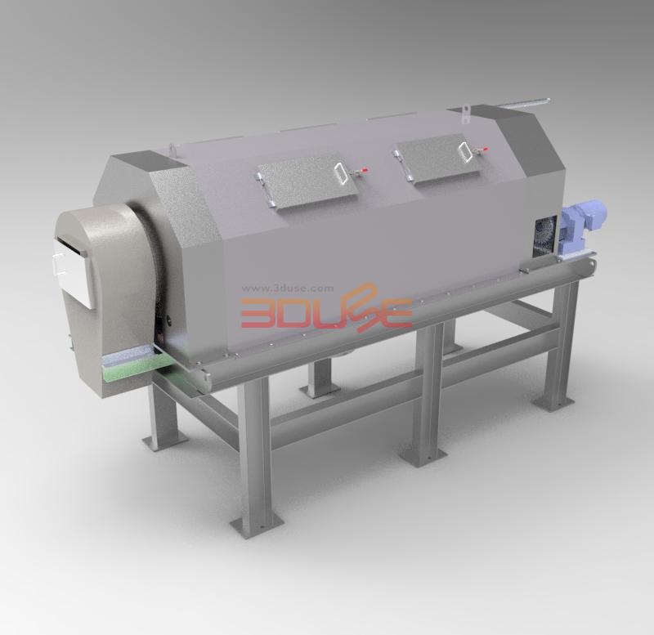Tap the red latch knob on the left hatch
pyautogui.click(x=365, y=170)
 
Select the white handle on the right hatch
pyautogui.click(x=464, y=152)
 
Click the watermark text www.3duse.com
pyautogui.click(x=288, y=288)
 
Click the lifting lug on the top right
pyautogui.click(x=465, y=114)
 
